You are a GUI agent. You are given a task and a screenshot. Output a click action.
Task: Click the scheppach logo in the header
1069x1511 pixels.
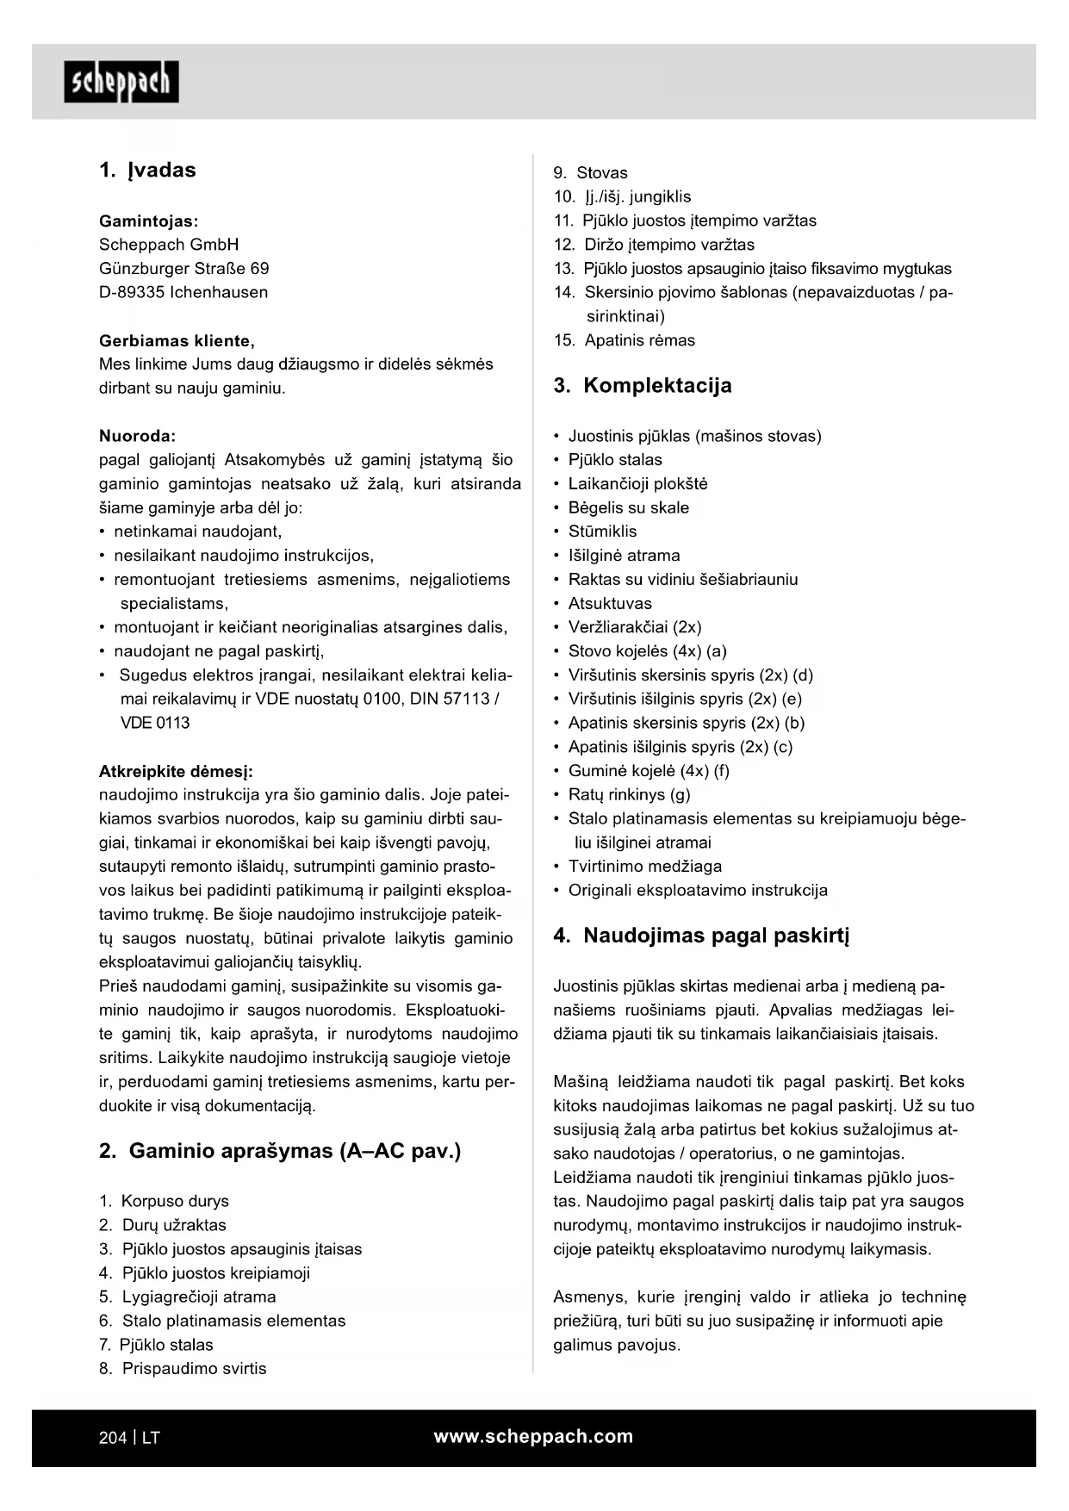[x=121, y=82]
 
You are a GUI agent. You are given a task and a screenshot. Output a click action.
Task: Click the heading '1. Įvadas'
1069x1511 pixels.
[x=147, y=170]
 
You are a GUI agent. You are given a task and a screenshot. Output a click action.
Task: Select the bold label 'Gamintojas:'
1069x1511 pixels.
[x=148, y=221]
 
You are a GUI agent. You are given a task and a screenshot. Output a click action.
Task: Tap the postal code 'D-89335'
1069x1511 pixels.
[x=131, y=292]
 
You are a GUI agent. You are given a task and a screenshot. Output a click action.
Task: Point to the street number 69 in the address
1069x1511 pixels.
[x=259, y=268]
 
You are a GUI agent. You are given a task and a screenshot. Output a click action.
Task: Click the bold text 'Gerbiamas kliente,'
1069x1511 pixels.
[x=177, y=340]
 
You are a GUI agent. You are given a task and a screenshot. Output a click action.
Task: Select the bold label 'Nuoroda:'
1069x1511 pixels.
[x=137, y=436]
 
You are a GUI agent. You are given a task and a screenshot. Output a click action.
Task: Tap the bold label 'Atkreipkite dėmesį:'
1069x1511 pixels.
[x=176, y=771]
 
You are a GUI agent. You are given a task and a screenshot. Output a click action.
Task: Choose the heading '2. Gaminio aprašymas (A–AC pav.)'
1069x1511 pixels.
[x=280, y=1151]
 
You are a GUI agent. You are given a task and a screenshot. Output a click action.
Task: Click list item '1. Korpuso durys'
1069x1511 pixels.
[x=164, y=1201]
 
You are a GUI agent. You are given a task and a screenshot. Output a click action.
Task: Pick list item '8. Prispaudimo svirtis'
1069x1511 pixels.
[x=183, y=1369]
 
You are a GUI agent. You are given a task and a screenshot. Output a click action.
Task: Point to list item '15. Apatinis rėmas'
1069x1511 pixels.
[x=624, y=340]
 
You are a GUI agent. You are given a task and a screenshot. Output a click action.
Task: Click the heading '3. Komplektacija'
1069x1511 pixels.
[x=643, y=385]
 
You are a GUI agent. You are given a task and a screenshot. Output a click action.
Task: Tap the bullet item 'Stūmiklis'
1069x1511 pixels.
[x=602, y=532]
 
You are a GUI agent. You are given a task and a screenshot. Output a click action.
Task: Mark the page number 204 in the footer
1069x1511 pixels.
[x=113, y=1438]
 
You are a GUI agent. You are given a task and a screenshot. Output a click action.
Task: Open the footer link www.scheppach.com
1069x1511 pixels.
[x=533, y=1436]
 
